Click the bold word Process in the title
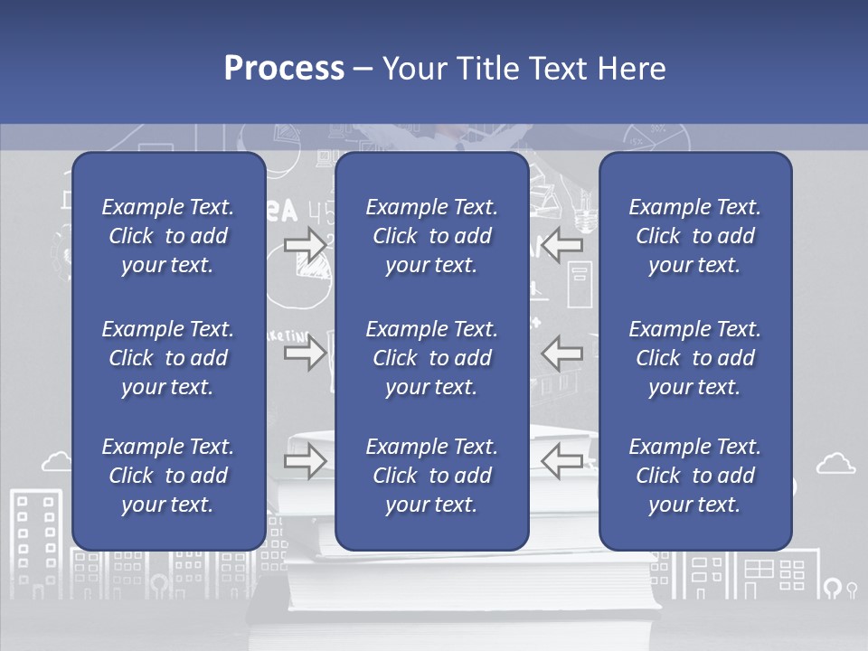pos(284,69)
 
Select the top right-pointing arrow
pos(305,245)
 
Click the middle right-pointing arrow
pos(305,353)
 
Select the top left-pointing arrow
pos(561,245)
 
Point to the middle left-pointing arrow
pos(561,353)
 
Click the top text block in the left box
pos(168,236)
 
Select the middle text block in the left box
pos(168,358)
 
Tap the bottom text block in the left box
pos(168,476)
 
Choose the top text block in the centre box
pos(431,236)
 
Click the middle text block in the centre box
pos(431,358)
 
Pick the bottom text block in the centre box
pos(431,476)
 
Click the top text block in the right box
pos(694,236)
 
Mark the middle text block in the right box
pos(694,358)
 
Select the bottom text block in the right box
pos(694,476)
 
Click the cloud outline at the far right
pos(835,464)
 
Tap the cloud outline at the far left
pos(56,462)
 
